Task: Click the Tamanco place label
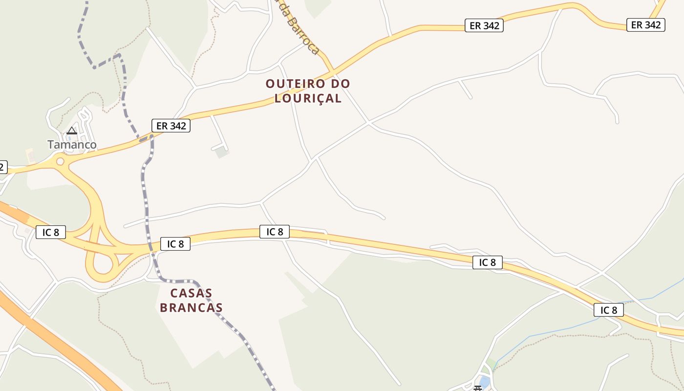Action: pyautogui.click(x=72, y=145)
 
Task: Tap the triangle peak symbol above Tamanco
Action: pyautogui.click(x=72, y=130)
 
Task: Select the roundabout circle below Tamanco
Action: pyautogui.click(x=60, y=161)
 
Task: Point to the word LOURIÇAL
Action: pyautogui.click(x=308, y=98)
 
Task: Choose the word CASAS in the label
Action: pyautogui.click(x=191, y=293)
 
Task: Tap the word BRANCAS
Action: pyautogui.click(x=191, y=308)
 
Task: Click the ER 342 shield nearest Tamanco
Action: pyautogui.click(x=171, y=126)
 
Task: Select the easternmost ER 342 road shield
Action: pyautogui.click(x=646, y=24)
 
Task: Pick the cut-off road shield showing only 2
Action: pyautogui.click(x=2, y=167)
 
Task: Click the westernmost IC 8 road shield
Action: pyautogui.click(x=50, y=232)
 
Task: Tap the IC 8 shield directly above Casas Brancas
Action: pyautogui.click(x=175, y=243)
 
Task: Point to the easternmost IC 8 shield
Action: pyautogui.click(x=609, y=310)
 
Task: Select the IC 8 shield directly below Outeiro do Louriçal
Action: pyautogui.click(x=274, y=232)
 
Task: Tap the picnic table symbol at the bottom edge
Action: pyautogui.click(x=478, y=388)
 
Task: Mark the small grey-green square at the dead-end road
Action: pyautogui.click(x=222, y=152)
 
